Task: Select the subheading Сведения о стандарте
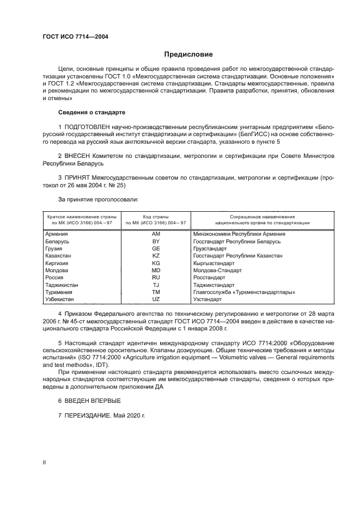(91, 112)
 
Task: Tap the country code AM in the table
(156, 234)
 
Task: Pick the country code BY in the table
(156, 241)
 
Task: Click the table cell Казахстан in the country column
(58, 255)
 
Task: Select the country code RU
(156, 277)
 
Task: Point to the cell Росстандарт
(209, 277)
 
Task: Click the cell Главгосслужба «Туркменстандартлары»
(244, 292)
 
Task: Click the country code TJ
(156, 285)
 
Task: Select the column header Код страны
(156, 217)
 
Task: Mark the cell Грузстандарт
(210, 248)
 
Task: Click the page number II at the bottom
(45, 462)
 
